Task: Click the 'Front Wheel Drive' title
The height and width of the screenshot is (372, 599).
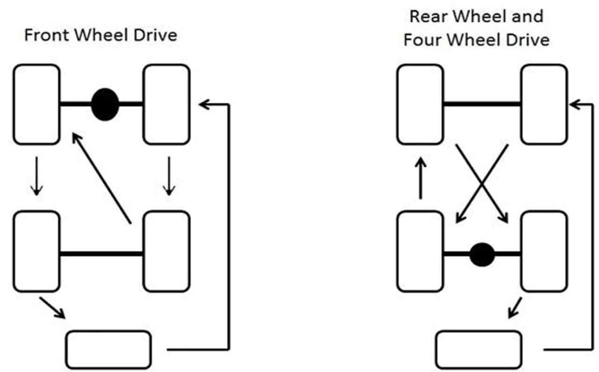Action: point(100,36)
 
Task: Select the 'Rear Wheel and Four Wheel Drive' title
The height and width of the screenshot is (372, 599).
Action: point(476,28)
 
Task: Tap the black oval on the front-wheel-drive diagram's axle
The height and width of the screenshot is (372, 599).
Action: point(105,104)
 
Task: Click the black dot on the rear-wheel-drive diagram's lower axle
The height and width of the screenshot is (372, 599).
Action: point(482,254)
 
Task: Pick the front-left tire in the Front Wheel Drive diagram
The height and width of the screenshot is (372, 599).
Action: point(36,104)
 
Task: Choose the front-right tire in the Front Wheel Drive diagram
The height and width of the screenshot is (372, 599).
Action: point(167,104)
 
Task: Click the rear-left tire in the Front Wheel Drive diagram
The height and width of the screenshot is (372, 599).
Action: point(36,251)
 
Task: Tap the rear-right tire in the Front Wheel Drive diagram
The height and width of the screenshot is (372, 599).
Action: point(167,251)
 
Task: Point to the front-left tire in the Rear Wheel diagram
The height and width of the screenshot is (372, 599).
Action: point(420,104)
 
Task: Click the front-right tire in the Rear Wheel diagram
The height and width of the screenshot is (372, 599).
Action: point(544,104)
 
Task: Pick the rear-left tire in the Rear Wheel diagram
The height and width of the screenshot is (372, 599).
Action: point(420,251)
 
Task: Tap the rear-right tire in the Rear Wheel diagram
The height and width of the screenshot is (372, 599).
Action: point(544,251)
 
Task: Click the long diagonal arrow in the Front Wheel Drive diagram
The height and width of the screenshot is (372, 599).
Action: point(101,177)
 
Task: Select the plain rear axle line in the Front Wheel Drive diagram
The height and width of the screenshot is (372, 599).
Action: point(101,254)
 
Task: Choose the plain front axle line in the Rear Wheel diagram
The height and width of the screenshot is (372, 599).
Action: point(482,104)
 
